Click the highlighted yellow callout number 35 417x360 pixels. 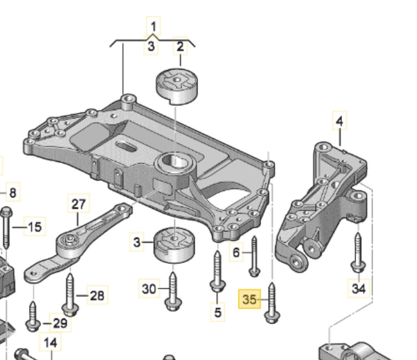pyautogui.click(x=250, y=300)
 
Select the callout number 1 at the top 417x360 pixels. pyautogui.click(x=153, y=26)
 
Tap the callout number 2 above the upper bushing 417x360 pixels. pyautogui.click(x=180, y=46)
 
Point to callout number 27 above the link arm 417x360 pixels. pyautogui.click(x=78, y=204)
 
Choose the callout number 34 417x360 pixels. pyautogui.click(x=359, y=287)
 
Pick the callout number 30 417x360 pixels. pyautogui.click(x=149, y=288)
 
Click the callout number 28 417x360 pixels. pyautogui.click(x=97, y=296)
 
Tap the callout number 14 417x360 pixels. pyautogui.click(x=50, y=343)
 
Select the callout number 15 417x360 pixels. pyautogui.click(x=35, y=227)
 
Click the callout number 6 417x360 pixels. pyautogui.click(x=236, y=252)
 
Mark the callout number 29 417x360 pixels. pyautogui.click(x=60, y=323)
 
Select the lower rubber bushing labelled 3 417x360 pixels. pyautogui.click(x=174, y=245)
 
